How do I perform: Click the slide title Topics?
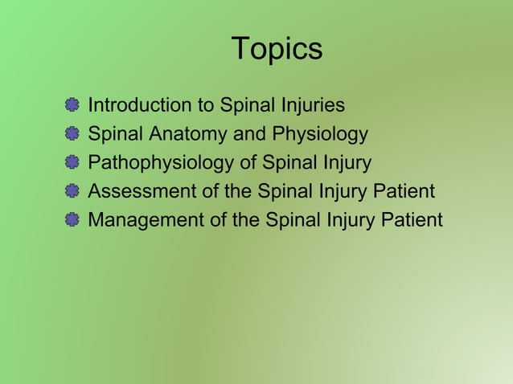click(x=277, y=50)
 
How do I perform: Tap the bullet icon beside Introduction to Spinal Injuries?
click(x=72, y=104)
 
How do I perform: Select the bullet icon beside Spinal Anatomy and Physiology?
click(x=72, y=133)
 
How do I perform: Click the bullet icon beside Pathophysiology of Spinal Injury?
click(x=72, y=162)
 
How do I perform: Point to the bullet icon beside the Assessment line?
click(x=72, y=191)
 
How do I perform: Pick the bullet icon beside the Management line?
click(x=72, y=220)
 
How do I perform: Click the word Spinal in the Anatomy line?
click(x=115, y=134)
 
